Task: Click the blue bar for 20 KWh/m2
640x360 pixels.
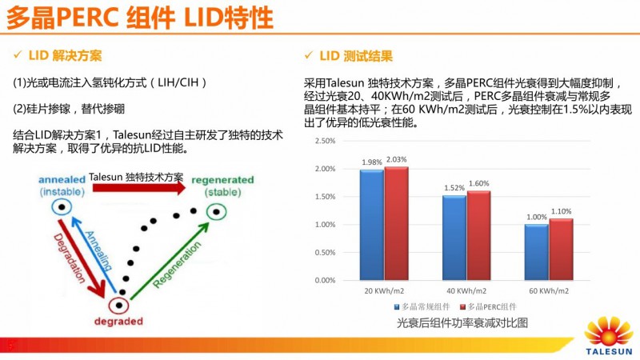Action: pos(371,225)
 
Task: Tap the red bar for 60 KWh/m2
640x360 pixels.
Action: pos(562,249)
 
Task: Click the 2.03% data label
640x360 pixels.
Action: pos(397,159)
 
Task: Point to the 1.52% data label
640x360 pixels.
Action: pos(454,188)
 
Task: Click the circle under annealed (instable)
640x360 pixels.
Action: pos(62,207)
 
